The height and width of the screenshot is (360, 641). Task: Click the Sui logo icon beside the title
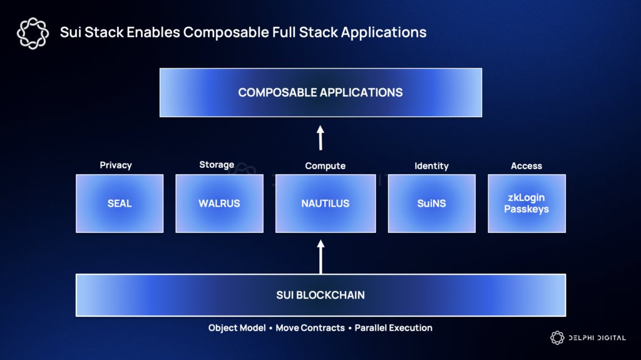pos(33,33)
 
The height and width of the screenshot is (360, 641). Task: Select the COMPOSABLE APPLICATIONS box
pos(320,93)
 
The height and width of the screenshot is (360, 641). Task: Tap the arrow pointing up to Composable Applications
pos(320,138)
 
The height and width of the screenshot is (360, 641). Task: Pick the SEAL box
pos(120,203)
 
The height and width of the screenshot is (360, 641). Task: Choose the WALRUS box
pos(219,203)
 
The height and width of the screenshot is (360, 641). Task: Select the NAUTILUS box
pos(325,203)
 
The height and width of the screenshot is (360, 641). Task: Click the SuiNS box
pos(431,203)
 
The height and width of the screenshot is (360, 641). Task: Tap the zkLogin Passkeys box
pos(526,203)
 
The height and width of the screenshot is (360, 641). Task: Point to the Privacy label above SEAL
pos(116,165)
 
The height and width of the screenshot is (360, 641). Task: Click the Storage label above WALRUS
pos(217,165)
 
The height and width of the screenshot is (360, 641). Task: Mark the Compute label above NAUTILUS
pos(325,166)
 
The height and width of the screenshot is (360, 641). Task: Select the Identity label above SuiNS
pos(431,166)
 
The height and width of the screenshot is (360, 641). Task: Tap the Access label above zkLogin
pos(526,166)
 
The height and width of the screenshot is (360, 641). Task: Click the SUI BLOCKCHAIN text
pos(320,295)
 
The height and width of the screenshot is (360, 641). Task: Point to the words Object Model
pos(237,328)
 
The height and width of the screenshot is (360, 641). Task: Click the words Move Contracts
pos(310,328)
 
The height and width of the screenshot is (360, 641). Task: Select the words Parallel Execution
pos(393,328)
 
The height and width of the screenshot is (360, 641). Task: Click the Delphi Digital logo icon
pos(557,338)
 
